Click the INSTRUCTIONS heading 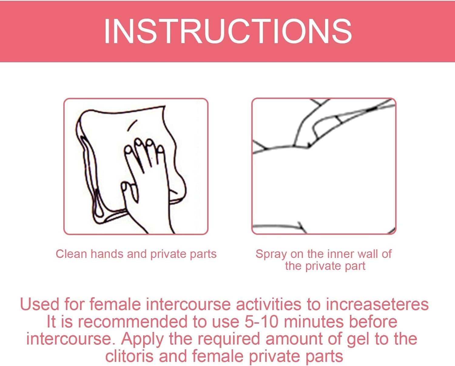click(x=228, y=31)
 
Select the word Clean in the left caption click(x=71, y=254)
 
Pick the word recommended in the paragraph click(x=133, y=322)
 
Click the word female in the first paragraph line click(x=115, y=305)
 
